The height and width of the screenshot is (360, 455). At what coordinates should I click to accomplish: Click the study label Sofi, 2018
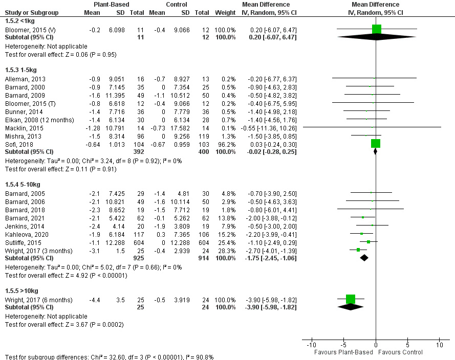pos(16,145)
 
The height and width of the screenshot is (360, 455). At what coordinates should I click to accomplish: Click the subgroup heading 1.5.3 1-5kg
pos(20,69)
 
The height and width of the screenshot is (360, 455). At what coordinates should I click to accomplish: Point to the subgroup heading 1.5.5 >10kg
pos(21,290)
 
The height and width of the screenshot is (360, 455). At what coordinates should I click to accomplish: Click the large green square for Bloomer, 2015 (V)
pos(377,30)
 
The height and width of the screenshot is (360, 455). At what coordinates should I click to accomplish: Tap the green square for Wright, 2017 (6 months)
pos(351,299)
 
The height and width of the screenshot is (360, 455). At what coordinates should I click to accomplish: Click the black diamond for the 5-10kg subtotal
pos(364,258)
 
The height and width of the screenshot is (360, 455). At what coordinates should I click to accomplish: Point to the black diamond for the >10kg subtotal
pos(351,307)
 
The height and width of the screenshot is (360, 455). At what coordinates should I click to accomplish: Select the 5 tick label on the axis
pos(407,345)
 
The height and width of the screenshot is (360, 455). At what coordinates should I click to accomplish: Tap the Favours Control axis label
pos(402,352)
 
